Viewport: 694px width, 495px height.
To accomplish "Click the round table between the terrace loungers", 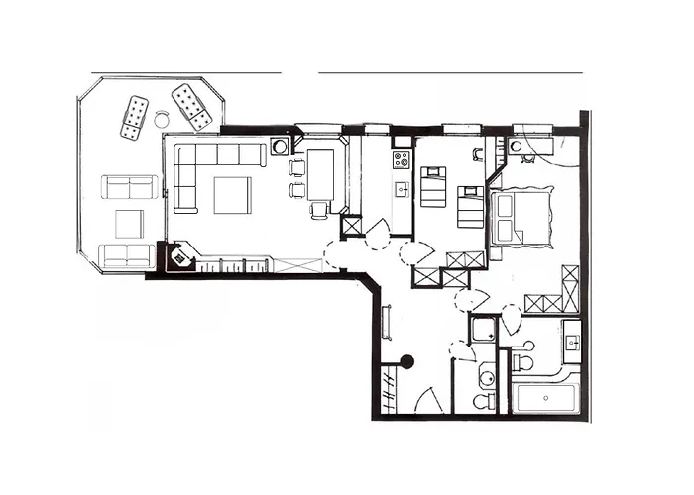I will pyautogui.click(x=162, y=120).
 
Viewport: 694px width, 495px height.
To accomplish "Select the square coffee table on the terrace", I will pyautogui.click(x=130, y=224).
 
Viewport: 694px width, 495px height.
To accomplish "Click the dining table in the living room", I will pyautogui.click(x=320, y=171).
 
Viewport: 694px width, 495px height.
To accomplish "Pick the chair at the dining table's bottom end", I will pyautogui.click(x=319, y=209).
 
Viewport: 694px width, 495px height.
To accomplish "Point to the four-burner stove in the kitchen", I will pyautogui.click(x=402, y=159).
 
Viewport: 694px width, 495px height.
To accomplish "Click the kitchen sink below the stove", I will pyautogui.click(x=402, y=188).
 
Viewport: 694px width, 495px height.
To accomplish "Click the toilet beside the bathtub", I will pyautogui.click(x=522, y=361).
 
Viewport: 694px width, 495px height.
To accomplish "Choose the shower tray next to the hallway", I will pyautogui.click(x=484, y=330).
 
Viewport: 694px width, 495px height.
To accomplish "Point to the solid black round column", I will pyautogui.click(x=406, y=362).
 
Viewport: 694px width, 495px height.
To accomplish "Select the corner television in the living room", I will pyautogui.click(x=180, y=258).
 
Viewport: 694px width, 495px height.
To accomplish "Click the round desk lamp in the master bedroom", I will pyautogui.click(x=516, y=147).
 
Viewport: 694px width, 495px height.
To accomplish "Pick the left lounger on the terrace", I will pyautogui.click(x=134, y=117).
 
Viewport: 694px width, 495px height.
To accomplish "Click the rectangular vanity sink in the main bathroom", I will pyautogui.click(x=571, y=342).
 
